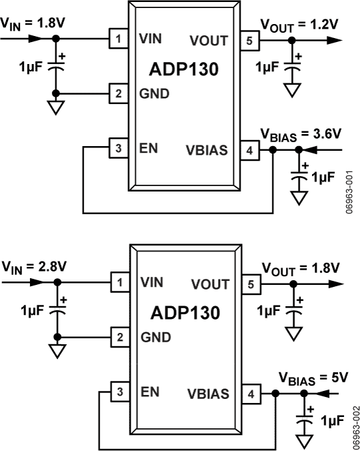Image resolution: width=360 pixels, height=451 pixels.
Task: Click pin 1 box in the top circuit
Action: point(118,39)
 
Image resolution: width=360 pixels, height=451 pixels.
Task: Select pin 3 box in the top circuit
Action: point(118,149)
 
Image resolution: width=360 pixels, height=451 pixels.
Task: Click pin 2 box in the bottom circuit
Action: point(118,337)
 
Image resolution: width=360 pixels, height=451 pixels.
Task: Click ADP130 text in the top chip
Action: point(183,69)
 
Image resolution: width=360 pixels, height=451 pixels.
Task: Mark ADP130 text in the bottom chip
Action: point(183,312)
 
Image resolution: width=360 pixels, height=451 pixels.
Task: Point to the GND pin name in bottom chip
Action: point(155,337)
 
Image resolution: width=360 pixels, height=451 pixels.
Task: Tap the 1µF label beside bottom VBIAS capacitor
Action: point(333,421)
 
